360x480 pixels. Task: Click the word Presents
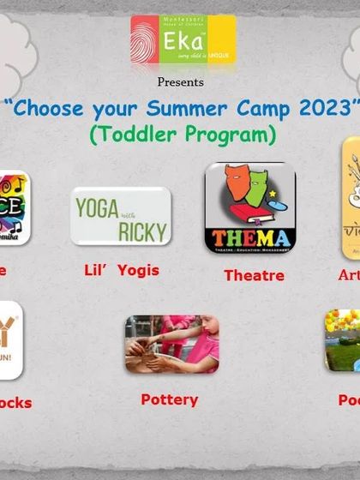pyautogui.click(x=180, y=82)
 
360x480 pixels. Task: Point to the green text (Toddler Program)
pyautogui.click(x=183, y=135)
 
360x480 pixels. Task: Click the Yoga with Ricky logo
pyautogui.click(x=120, y=216)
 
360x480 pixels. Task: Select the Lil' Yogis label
pyautogui.click(x=121, y=270)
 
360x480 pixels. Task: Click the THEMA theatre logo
pyautogui.click(x=249, y=207)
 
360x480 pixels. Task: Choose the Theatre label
pyautogui.click(x=254, y=275)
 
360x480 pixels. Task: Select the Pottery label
pyautogui.click(x=169, y=399)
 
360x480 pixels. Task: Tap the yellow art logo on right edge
pyautogui.click(x=350, y=200)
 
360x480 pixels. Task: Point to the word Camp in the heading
pyautogui.click(x=261, y=109)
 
